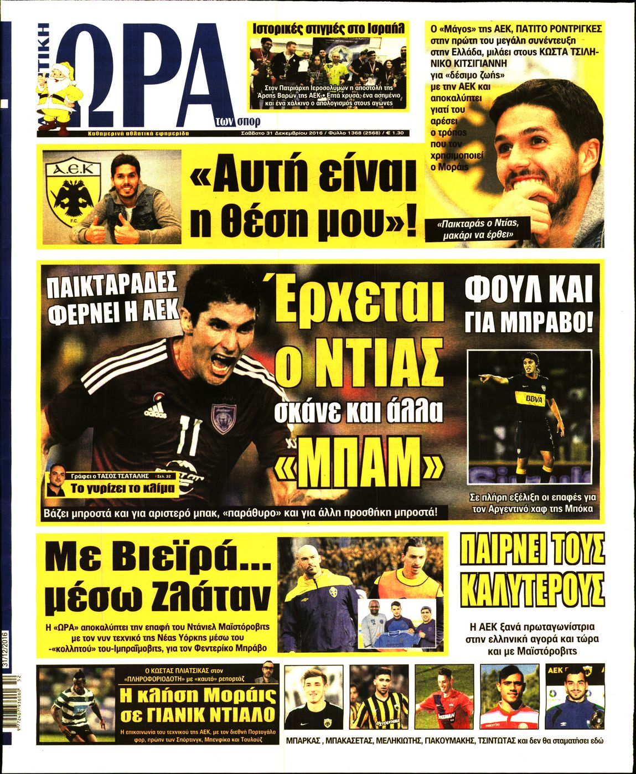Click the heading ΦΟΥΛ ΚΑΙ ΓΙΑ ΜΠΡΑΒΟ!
point(528,305)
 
